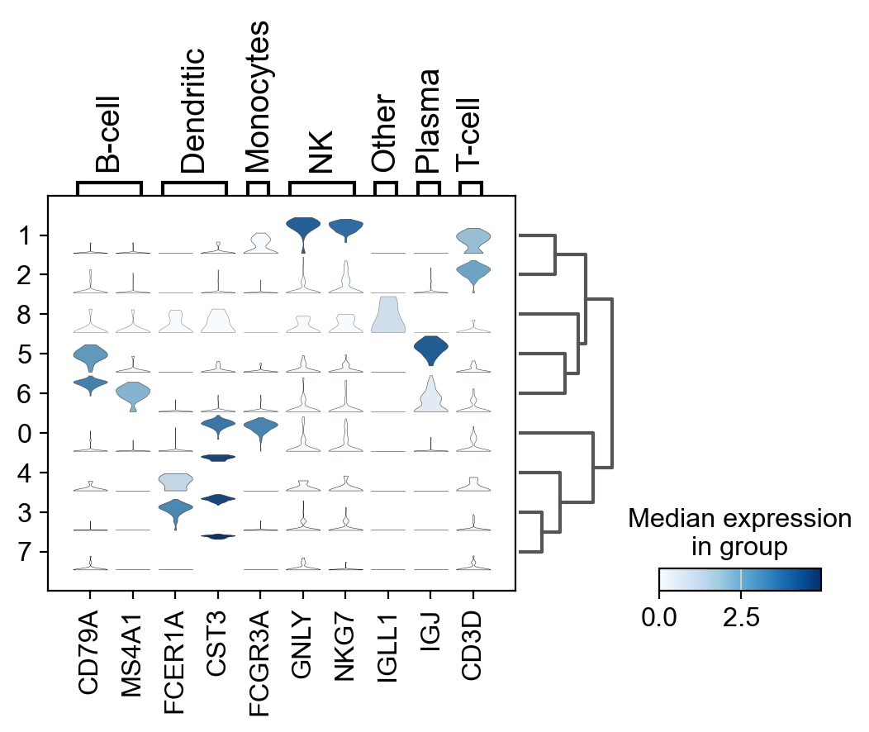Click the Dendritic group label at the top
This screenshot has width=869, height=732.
coord(193,111)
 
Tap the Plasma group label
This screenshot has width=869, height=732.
coord(429,122)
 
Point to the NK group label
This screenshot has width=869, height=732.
coord(321,150)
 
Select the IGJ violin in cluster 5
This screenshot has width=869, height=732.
coord(430,349)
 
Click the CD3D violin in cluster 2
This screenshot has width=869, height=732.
coord(472,271)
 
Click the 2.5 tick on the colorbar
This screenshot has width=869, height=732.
coord(741,617)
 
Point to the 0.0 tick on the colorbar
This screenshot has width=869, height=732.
coord(659,617)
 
